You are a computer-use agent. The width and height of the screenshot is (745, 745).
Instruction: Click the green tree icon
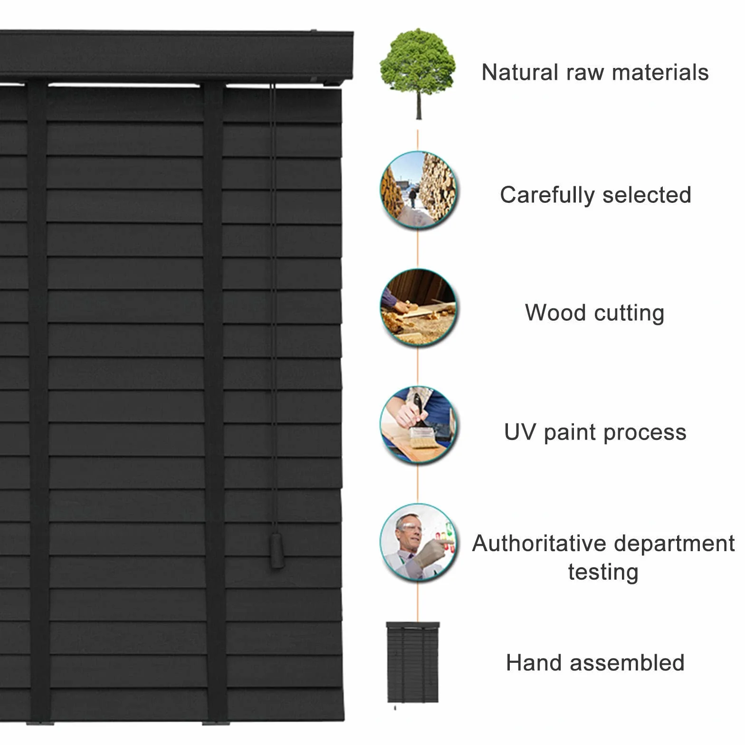click(418, 74)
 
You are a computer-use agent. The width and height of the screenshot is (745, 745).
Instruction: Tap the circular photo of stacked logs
click(418, 190)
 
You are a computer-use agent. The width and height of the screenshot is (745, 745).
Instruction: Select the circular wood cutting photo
click(418, 307)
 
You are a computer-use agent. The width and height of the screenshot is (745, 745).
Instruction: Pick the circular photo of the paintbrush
click(418, 424)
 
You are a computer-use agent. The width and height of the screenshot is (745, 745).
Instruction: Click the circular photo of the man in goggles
click(418, 542)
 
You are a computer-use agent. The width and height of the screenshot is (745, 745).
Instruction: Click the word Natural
click(520, 73)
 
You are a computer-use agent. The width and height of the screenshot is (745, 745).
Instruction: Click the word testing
click(603, 572)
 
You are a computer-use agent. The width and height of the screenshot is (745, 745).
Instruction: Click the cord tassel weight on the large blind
click(277, 551)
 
